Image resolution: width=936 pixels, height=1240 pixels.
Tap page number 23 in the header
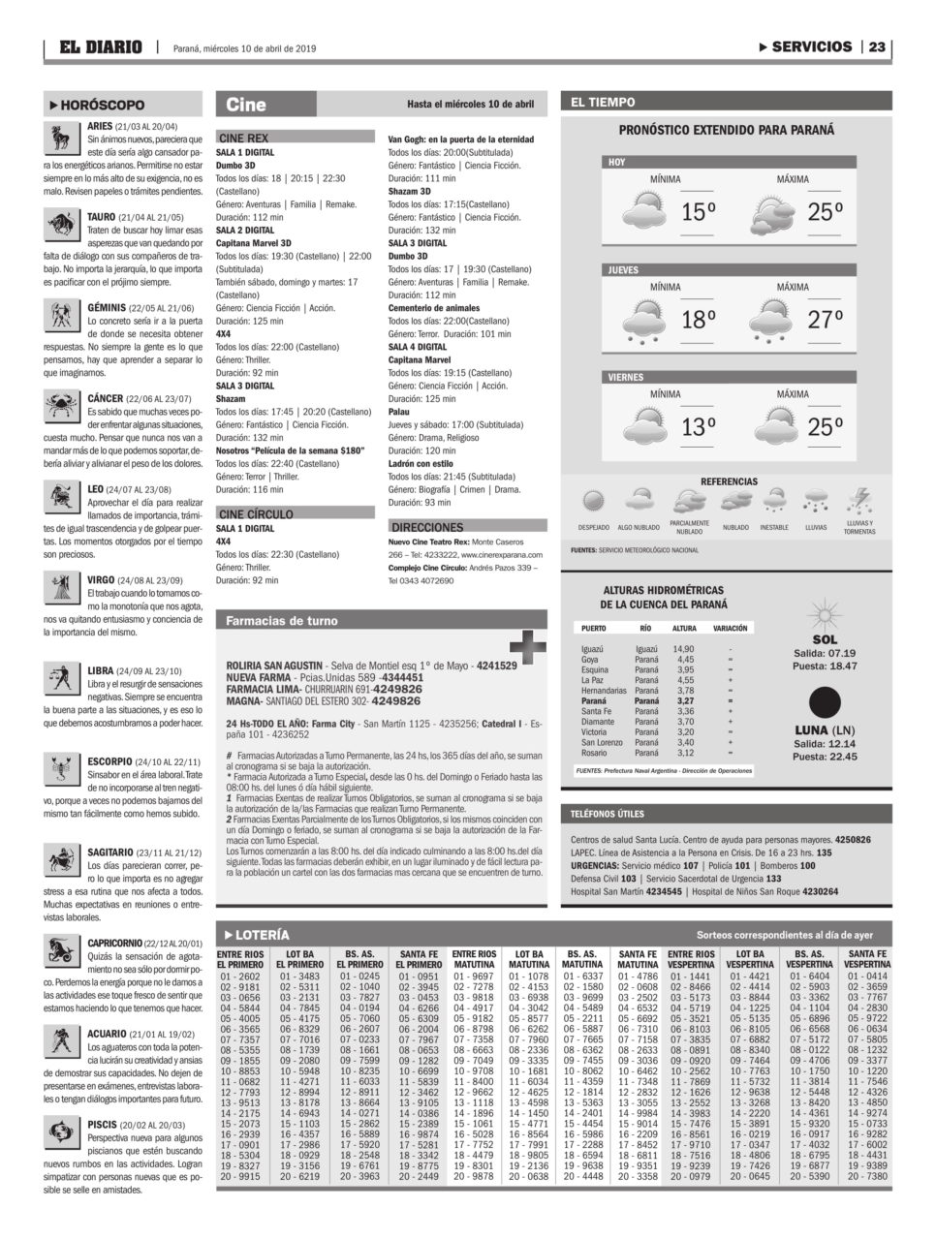click(879, 46)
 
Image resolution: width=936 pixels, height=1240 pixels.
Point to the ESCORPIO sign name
click(109, 761)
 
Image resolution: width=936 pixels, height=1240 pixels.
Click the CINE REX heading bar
click(295, 138)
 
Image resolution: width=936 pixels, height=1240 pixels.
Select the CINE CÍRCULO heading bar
click(295, 513)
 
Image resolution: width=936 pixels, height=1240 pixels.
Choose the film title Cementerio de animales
click(433, 308)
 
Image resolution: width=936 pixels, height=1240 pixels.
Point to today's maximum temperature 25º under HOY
click(824, 212)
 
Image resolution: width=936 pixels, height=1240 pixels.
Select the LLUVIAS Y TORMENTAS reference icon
click(858, 502)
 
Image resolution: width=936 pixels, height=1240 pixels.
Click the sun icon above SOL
click(824, 614)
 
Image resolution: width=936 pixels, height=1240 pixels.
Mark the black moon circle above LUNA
click(825, 702)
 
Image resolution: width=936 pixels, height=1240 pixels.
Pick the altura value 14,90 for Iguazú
click(684, 648)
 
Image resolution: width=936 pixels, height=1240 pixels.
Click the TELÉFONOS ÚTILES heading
click(608, 814)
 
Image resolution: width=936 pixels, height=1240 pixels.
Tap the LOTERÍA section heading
click(256, 935)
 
